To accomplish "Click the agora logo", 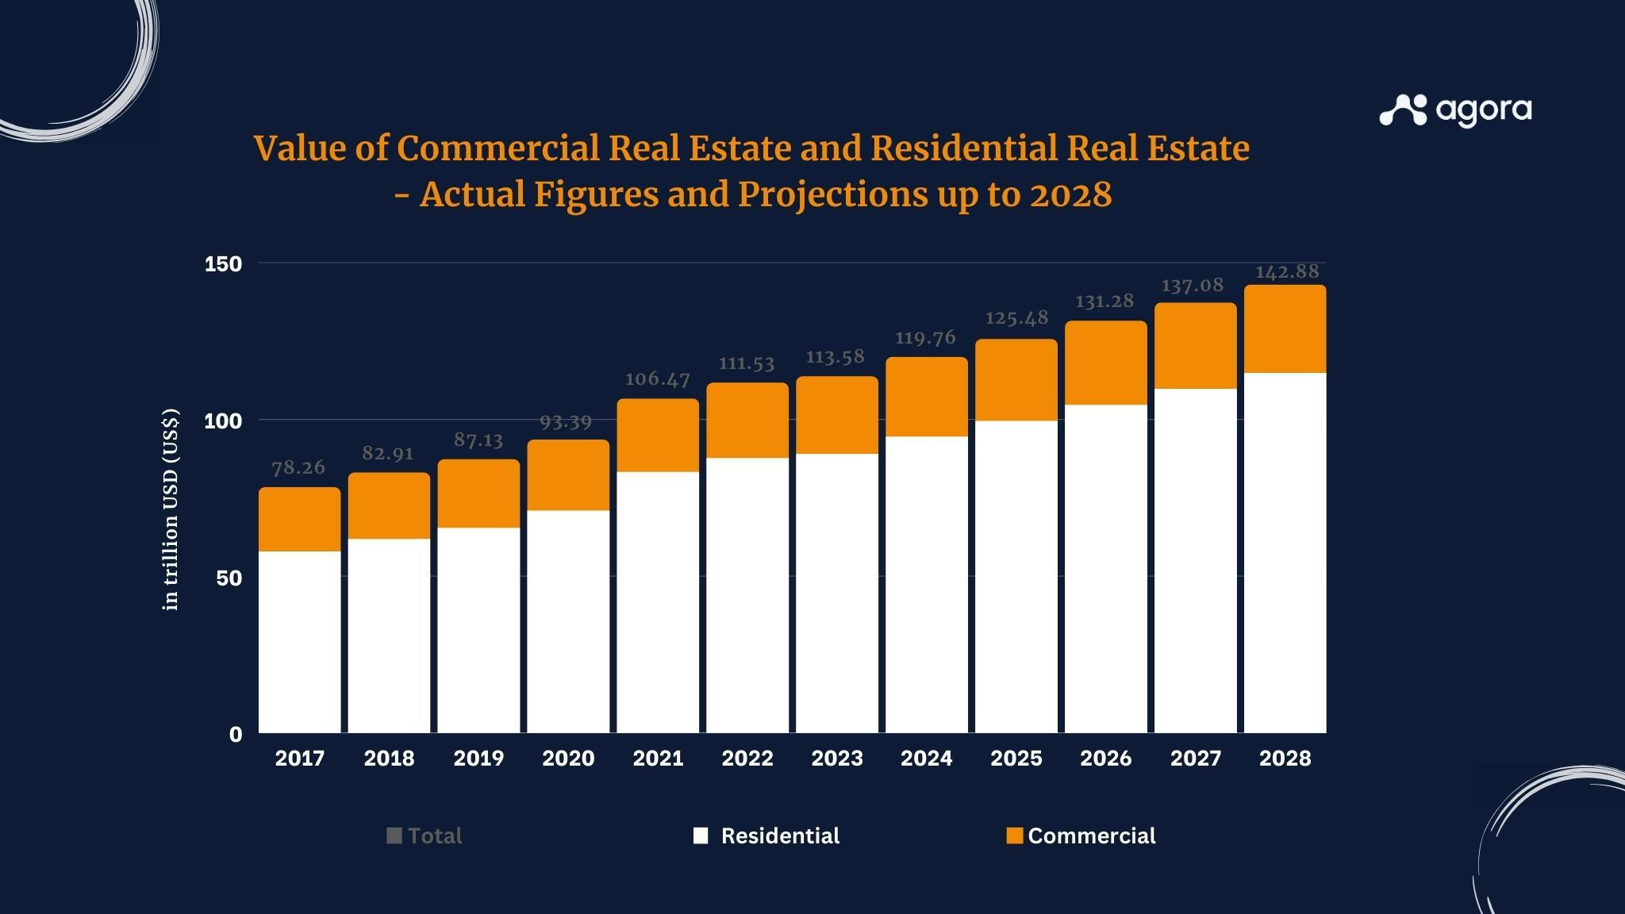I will (x=1455, y=110).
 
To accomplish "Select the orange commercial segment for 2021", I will (x=658, y=436).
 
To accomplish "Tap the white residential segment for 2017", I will (x=299, y=641).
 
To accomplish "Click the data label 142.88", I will (x=1286, y=272).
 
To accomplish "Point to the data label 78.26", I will (x=298, y=467).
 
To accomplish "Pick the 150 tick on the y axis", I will (x=223, y=264).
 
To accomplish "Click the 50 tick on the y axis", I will (x=229, y=578).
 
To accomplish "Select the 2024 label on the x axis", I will (x=926, y=758).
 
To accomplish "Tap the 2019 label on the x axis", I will (x=478, y=758).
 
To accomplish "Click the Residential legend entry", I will (x=766, y=835).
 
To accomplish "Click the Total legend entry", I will (x=424, y=835).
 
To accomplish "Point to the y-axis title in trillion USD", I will (x=171, y=509).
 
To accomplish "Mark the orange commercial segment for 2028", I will (x=1285, y=328).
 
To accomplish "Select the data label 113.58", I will (x=835, y=357).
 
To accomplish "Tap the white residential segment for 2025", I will (x=1016, y=576).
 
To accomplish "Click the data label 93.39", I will (x=566, y=422).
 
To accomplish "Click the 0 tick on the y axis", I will (x=236, y=735).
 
